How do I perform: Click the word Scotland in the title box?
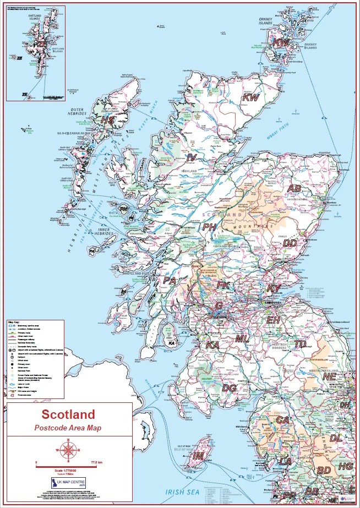tap(68, 414)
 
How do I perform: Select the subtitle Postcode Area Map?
tap(68, 428)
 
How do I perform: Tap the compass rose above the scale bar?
tap(68, 450)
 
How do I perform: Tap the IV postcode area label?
tap(192, 158)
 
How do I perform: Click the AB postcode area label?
tap(295, 188)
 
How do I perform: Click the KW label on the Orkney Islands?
tap(282, 42)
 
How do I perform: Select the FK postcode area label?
tap(223, 285)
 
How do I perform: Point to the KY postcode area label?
tap(274, 288)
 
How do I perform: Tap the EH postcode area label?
tap(274, 320)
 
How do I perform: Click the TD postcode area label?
tap(300, 343)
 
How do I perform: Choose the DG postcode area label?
tap(230, 388)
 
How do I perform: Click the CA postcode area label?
tap(282, 419)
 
